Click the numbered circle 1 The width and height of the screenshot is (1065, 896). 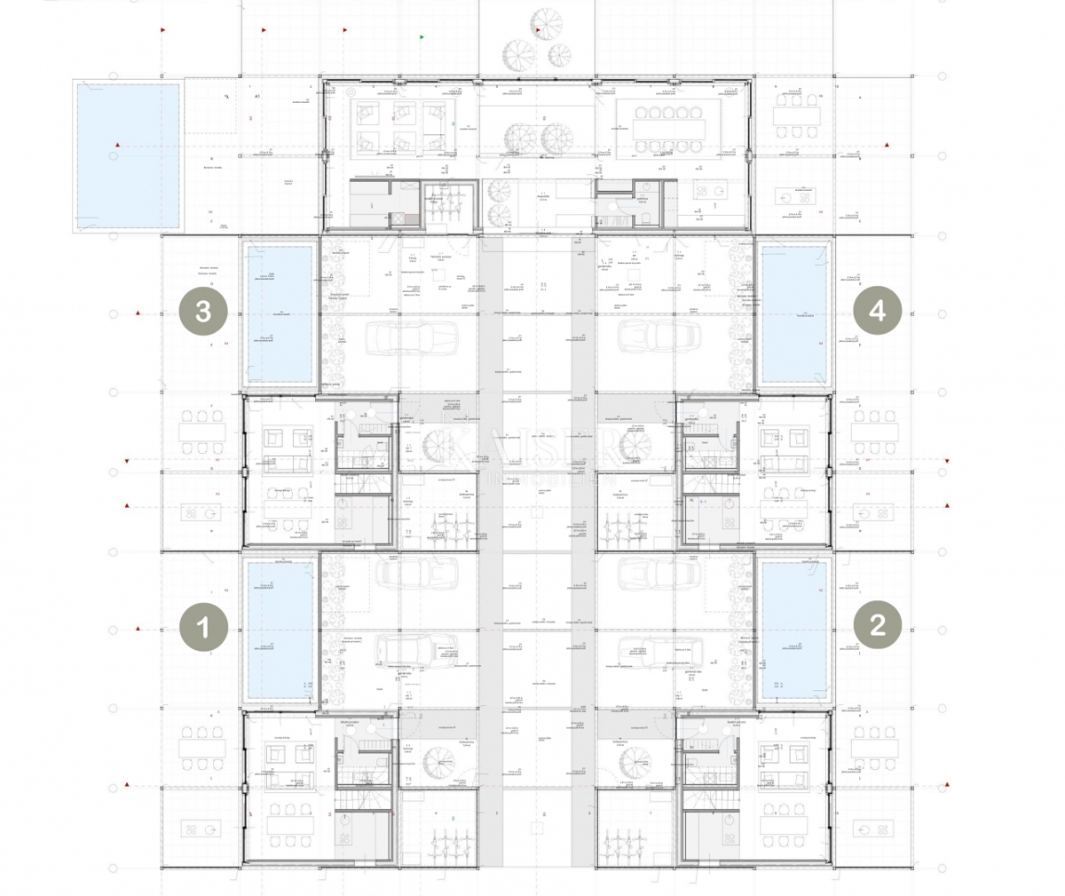tap(202, 628)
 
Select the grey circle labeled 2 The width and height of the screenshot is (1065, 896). tap(877, 625)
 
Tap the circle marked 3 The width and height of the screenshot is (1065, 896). tap(202, 312)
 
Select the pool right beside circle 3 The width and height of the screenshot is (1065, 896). tap(280, 313)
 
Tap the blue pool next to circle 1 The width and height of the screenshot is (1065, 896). tap(280, 629)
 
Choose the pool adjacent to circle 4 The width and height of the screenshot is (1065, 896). tap(794, 313)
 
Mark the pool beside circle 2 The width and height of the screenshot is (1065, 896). tap(794, 629)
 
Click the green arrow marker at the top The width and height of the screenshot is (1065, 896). tap(422, 37)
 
